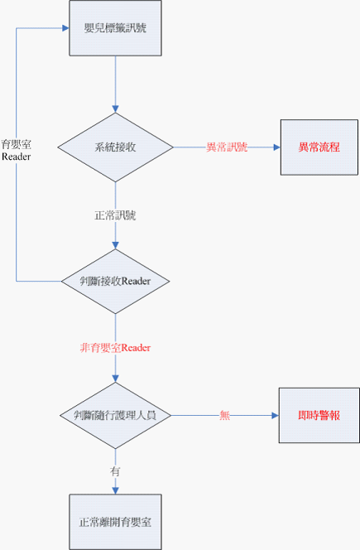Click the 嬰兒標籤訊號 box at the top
tap(115, 28)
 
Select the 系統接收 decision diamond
tap(115, 148)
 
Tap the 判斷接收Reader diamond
tap(115, 281)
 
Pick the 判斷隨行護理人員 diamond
tap(115, 413)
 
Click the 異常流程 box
tap(319, 147)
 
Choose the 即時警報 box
tap(319, 414)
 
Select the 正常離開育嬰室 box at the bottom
tap(115, 522)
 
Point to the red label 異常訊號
tap(226, 148)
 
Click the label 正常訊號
tap(115, 215)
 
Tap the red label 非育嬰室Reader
tap(115, 348)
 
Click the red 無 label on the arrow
tap(224, 414)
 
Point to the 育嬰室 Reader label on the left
tap(16, 149)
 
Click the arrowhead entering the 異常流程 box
tap(276, 148)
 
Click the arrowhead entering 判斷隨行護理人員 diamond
tap(115, 378)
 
